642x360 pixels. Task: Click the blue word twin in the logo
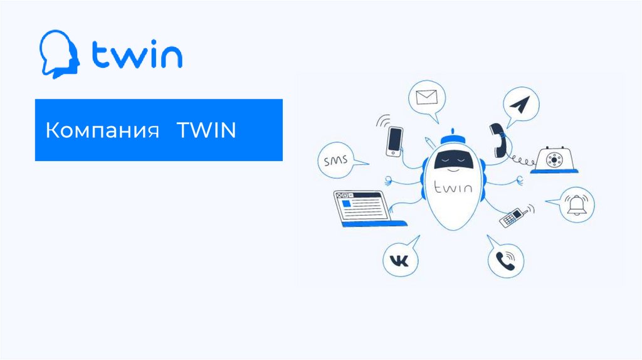coord(137,56)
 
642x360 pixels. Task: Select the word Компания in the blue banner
coord(101,132)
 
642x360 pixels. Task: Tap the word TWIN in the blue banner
coord(206,132)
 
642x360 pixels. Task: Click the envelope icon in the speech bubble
coord(426,98)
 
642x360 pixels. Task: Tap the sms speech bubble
coord(336,162)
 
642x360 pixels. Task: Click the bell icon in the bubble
coord(576,204)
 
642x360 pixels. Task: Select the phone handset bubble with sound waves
coord(505,260)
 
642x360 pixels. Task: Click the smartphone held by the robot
coord(394,140)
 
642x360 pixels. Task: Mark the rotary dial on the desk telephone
coord(554,159)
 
